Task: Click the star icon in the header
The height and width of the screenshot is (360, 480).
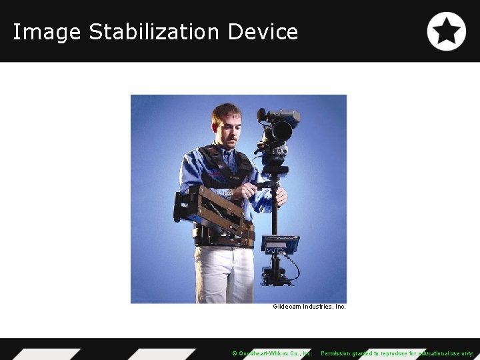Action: (x=446, y=31)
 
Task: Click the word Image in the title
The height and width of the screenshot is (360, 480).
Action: (x=47, y=32)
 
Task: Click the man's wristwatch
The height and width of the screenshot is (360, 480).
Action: (x=229, y=193)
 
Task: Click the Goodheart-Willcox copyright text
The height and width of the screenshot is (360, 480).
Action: (x=271, y=353)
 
